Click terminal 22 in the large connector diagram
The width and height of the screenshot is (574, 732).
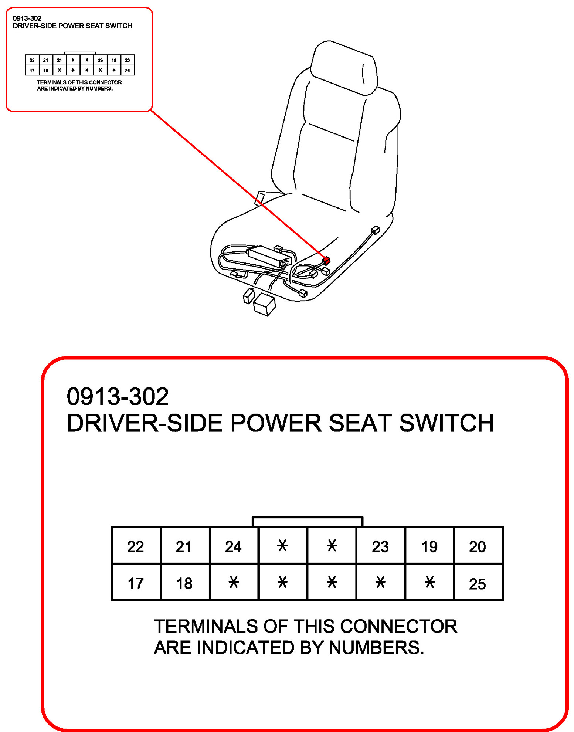click(135, 546)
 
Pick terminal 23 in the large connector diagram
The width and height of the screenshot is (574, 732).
click(380, 546)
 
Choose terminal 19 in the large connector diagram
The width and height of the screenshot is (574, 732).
click(429, 546)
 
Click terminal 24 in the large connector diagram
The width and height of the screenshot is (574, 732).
click(233, 546)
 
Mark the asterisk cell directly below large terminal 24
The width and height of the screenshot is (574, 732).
click(233, 583)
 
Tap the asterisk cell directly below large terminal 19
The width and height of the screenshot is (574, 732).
click(429, 583)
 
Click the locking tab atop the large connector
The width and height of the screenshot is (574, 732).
click(307, 521)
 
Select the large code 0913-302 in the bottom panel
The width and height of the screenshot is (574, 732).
click(118, 396)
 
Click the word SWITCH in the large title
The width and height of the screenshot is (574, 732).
click(446, 423)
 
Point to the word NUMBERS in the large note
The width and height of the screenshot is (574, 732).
click(376, 648)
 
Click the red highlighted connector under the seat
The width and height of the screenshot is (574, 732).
click(326, 261)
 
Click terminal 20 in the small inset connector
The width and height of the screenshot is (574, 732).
click(128, 60)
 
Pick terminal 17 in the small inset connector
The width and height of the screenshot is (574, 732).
click(32, 70)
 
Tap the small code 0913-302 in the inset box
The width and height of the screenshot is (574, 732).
click(27, 18)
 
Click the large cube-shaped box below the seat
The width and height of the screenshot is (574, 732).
click(265, 304)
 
